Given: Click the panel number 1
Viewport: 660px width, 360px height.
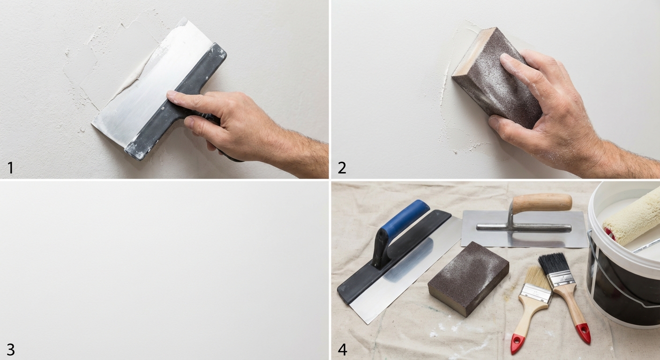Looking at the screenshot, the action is coord(11,168).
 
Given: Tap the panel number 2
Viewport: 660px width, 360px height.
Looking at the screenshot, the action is coord(342,168).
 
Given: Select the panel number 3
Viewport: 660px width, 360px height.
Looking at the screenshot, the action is coord(11,350).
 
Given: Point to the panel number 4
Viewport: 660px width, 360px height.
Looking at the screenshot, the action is coord(342,350).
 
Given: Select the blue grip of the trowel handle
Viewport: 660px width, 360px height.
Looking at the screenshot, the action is coord(404,217).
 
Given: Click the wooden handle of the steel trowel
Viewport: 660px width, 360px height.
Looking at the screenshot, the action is coord(542,202).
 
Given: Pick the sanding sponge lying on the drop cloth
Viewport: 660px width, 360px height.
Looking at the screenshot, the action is coord(468,278).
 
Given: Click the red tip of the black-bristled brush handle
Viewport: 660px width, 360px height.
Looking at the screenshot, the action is coord(584,333).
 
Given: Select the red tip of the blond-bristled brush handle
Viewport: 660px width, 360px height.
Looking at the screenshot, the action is coord(517,343).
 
